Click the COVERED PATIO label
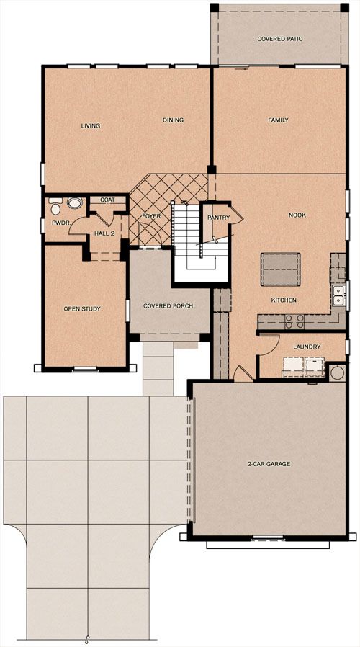[280, 39]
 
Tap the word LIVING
[91, 126]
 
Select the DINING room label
[174, 120]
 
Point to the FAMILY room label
[279, 120]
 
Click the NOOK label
[297, 215]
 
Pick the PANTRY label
[219, 218]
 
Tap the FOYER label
[151, 216]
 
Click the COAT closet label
[107, 200]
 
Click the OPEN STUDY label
[82, 308]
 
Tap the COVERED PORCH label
[168, 305]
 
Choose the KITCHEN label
[284, 300]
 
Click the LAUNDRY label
[307, 347]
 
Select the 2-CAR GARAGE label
[269, 464]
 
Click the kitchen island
[280, 269]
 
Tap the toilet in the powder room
[55, 206]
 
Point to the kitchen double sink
[339, 295]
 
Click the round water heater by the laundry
[337, 372]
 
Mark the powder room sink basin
[75, 203]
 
